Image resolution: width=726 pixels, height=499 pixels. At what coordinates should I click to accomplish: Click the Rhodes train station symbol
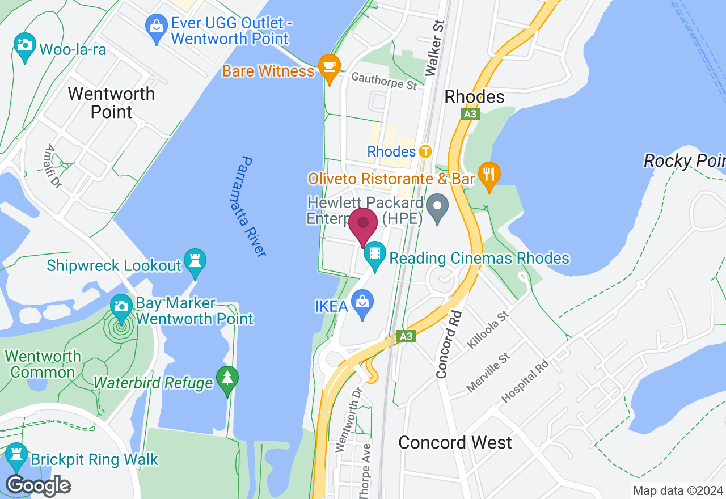(x=425, y=151)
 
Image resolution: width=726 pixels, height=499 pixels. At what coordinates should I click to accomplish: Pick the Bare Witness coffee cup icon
(x=329, y=66)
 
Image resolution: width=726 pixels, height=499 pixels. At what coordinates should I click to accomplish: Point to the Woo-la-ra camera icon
(x=24, y=45)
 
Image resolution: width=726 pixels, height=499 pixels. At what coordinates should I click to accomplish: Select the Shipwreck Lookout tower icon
(x=195, y=261)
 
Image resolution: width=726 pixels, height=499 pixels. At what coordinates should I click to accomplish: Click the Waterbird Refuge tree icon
(x=227, y=378)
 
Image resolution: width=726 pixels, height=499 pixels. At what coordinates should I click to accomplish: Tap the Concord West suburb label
(x=455, y=442)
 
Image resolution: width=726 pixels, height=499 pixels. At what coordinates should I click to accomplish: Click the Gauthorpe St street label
(x=384, y=81)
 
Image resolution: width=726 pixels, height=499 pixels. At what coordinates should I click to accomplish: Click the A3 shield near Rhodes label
(x=470, y=114)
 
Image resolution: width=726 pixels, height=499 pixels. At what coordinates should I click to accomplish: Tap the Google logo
(x=38, y=486)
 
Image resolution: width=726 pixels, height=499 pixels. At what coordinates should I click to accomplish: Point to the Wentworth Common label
(x=43, y=364)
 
